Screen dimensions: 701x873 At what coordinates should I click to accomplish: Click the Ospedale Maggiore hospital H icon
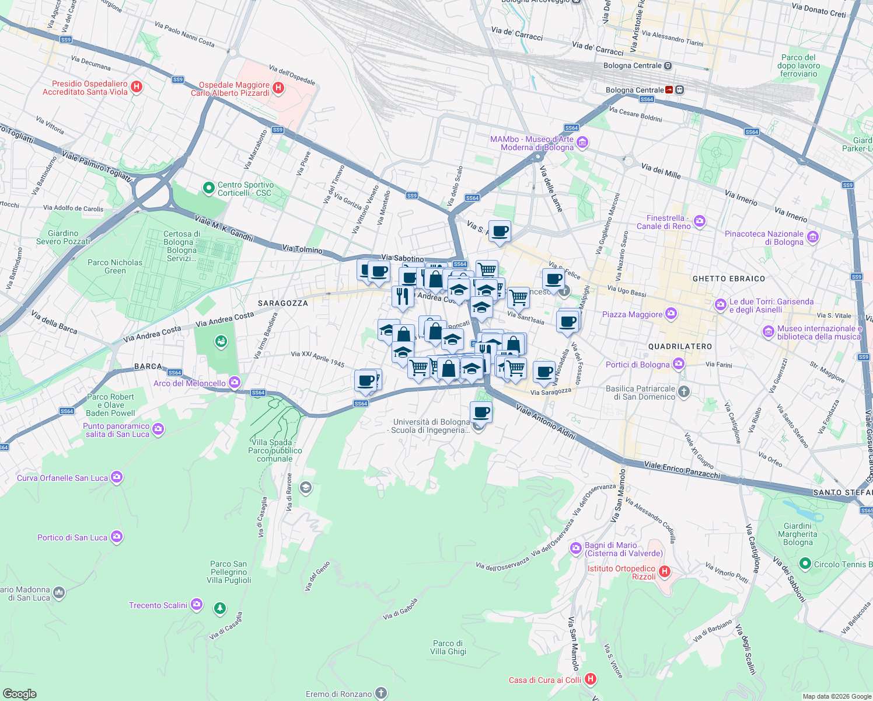point(278,88)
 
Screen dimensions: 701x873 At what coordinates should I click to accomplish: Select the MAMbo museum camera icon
point(582,143)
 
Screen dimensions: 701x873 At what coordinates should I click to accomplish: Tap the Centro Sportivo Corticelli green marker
point(208,188)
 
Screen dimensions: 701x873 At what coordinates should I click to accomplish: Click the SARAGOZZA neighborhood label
point(283,303)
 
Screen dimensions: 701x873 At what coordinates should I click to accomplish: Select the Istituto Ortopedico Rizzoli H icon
point(664,571)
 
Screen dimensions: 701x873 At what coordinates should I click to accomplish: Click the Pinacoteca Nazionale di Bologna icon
point(812,237)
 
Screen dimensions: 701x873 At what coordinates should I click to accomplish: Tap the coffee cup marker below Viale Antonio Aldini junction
point(481,412)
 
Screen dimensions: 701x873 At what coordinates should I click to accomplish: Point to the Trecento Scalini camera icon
point(197,605)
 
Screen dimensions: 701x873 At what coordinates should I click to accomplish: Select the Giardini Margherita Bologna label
point(797,534)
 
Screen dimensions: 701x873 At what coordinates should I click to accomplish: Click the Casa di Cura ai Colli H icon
point(591,679)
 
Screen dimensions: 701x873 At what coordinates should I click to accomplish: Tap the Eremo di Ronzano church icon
point(380,693)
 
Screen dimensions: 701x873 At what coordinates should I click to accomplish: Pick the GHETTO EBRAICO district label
point(728,279)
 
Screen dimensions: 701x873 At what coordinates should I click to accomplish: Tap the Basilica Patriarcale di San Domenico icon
point(684,392)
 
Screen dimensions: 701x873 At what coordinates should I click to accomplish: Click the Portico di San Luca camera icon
point(117,536)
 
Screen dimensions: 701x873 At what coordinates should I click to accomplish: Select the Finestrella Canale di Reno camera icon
point(700,221)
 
